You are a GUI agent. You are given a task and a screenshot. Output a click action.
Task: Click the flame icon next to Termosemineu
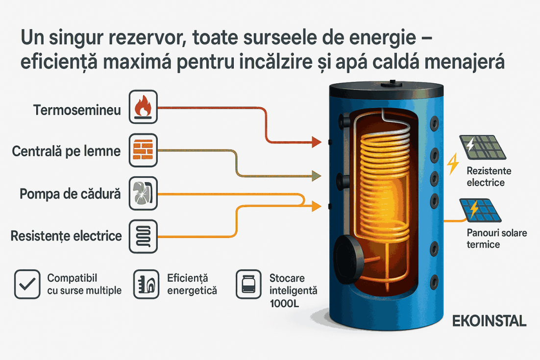(x=143, y=107)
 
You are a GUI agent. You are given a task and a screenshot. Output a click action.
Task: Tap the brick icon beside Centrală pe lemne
(x=143, y=150)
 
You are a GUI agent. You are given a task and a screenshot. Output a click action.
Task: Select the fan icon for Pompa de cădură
(x=143, y=193)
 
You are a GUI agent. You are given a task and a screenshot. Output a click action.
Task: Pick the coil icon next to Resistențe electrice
(x=143, y=237)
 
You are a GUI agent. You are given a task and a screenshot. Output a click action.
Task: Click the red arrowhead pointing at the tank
(x=317, y=142)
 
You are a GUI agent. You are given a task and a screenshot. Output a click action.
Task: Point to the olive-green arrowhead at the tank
(x=317, y=176)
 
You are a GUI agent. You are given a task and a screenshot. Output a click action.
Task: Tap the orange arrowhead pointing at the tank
(x=317, y=206)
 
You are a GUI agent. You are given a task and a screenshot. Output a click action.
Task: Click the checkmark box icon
(x=27, y=284)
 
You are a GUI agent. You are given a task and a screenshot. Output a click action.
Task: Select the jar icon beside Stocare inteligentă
(x=248, y=284)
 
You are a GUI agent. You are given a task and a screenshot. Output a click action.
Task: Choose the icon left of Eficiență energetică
(x=147, y=284)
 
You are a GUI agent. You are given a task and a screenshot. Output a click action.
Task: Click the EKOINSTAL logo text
(x=489, y=321)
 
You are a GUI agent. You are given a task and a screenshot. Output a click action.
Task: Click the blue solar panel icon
(x=480, y=210)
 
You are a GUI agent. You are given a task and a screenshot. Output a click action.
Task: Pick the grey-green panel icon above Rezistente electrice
(x=483, y=147)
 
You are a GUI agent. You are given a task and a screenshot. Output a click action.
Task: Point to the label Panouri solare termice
(x=496, y=239)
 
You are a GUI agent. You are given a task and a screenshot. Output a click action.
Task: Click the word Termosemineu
(x=77, y=110)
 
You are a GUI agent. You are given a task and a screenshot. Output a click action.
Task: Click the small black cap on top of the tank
(x=392, y=83)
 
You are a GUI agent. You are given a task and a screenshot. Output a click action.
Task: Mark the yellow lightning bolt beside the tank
(x=453, y=164)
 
